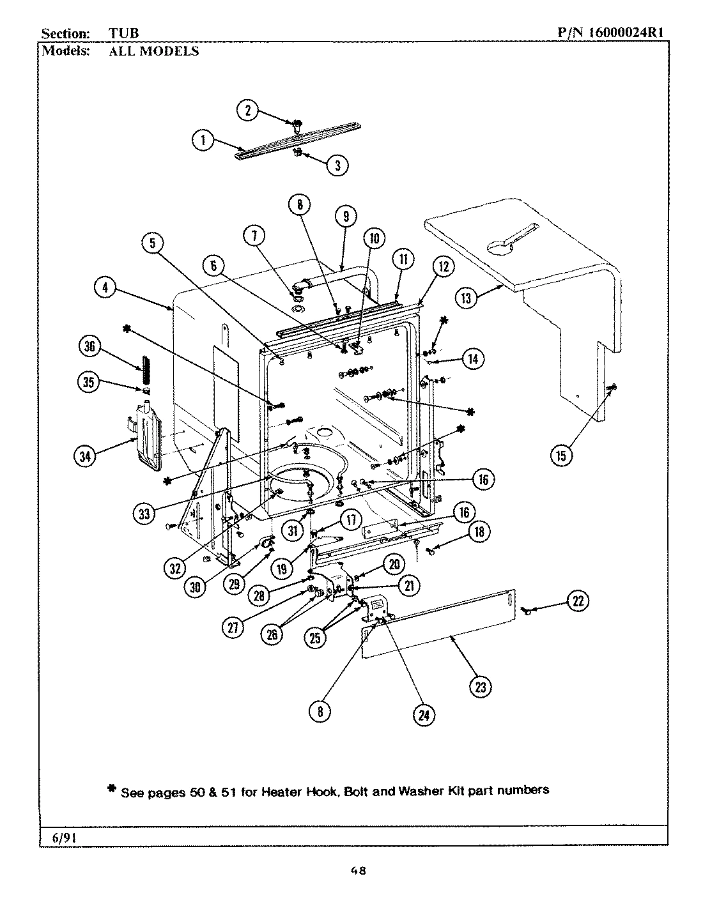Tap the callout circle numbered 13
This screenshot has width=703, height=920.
pos(467,298)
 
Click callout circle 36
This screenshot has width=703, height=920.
pos(89,347)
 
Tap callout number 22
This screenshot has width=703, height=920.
pos(578,601)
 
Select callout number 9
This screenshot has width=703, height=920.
pos(345,217)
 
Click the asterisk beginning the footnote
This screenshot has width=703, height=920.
pos(111,790)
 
